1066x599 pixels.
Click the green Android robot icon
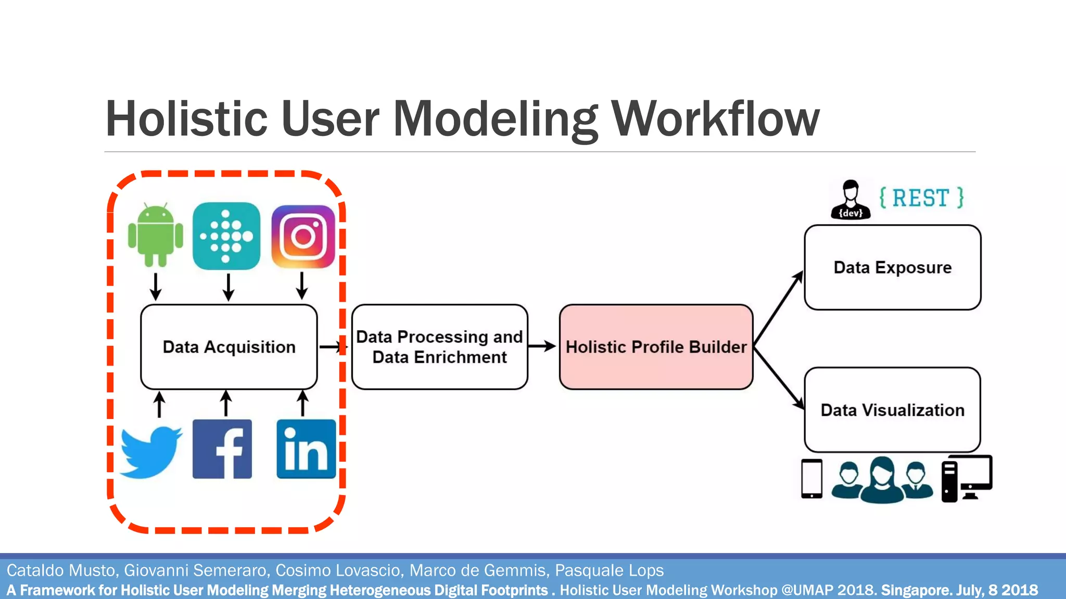pos(155,235)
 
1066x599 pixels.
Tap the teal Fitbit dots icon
pos(226,236)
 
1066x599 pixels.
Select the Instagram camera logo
pos(303,237)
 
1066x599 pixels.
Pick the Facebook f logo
pos(222,449)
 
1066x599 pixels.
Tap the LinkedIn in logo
pos(306,449)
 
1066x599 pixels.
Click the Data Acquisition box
pos(229,347)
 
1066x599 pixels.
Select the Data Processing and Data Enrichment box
pos(439,347)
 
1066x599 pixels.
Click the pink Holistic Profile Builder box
pos(656,347)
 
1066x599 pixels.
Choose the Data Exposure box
pos(892,267)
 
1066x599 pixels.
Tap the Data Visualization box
pos(892,410)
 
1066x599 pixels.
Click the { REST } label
pos(921,198)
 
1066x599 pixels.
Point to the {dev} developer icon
pos(851,200)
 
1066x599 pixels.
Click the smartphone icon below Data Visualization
pos(811,478)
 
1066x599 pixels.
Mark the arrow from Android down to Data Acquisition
pos(156,286)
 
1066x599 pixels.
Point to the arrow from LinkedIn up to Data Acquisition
pos(302,403)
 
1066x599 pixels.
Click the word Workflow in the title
pos(715,119)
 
